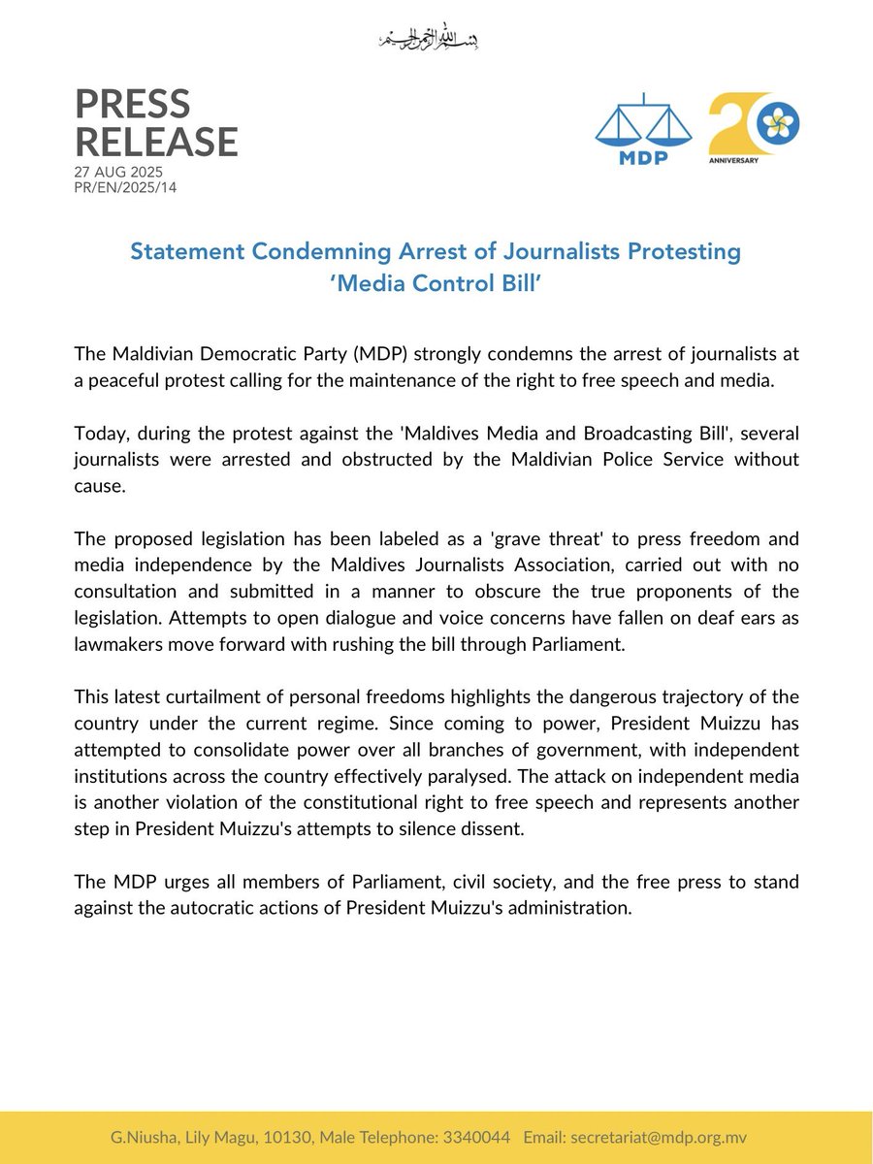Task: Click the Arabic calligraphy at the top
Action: point(427,40)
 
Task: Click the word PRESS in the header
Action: point(133,104)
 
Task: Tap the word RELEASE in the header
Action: point(156,143)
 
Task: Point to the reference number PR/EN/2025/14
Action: point(125,186)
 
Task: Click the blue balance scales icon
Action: point(643,123)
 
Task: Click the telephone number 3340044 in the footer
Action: point(480,1138)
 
